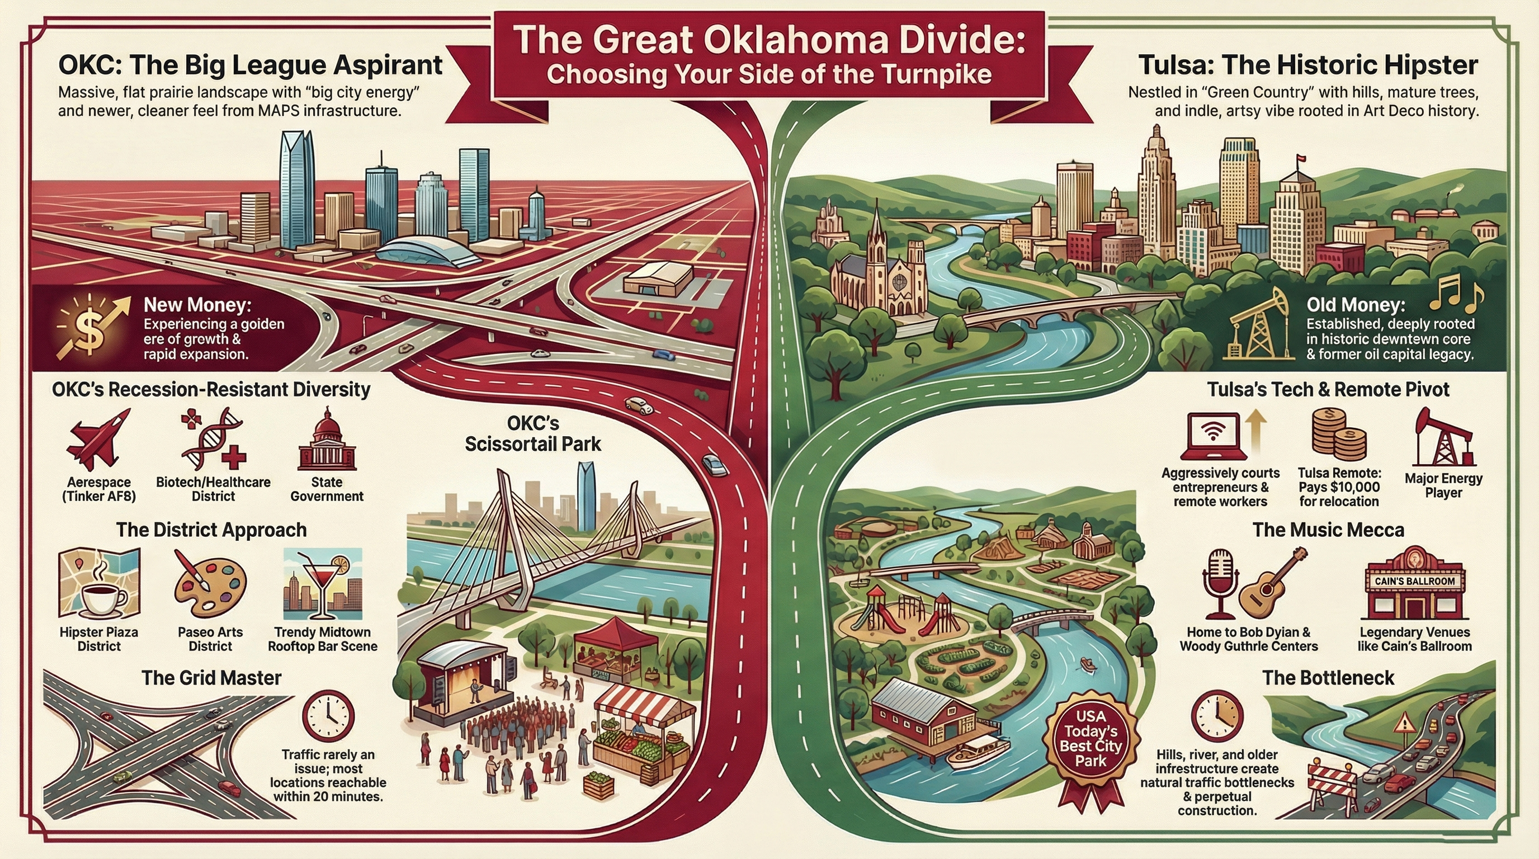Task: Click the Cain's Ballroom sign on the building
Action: pyautogui.click(x=1414, y=581)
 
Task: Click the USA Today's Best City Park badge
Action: pyautogui.click(x=1090, y=739)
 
